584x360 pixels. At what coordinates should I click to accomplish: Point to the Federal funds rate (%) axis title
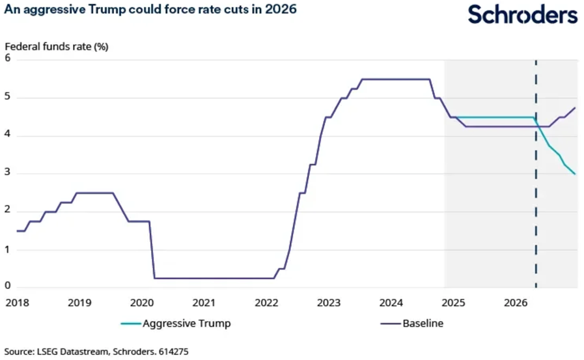point(56,47)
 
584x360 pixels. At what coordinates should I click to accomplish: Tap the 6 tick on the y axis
point(8,58)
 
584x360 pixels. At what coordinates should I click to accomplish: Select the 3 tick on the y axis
point(8,173)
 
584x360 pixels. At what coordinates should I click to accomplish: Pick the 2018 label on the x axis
point(17,303)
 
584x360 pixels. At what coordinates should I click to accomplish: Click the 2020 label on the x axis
point(142,303)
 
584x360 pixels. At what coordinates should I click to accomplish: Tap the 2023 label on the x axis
point(329,303)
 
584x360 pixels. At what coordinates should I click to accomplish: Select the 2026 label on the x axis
point(516,303)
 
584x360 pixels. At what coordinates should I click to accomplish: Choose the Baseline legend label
point(423,323)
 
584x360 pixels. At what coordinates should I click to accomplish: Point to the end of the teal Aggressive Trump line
point(575,174)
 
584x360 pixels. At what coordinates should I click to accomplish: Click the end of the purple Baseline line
point(575,107)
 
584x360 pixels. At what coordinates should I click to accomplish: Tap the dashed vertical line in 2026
point(536,195)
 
